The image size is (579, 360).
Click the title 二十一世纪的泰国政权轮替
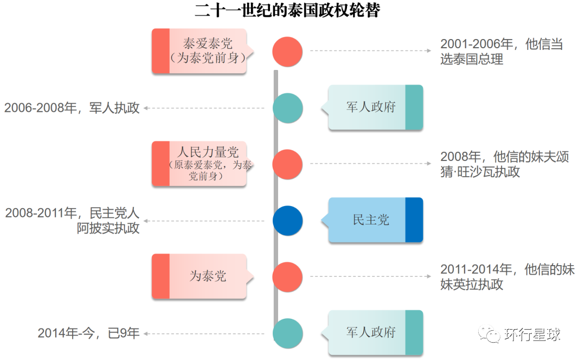[287, 10]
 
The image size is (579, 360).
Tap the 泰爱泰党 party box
[200, 51]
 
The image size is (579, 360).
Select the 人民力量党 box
[200, 164]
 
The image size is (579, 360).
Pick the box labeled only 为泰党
[200, 277]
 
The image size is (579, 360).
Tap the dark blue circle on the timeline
[287, 221]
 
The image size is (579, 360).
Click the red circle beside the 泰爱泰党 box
[287, 52]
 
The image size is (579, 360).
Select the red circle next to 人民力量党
[287, 164]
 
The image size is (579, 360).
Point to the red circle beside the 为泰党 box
[287, 277]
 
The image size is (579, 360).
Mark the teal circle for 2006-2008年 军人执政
[287, 108]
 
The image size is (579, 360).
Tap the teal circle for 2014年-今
[287, 333]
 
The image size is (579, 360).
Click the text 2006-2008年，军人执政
[72, 108]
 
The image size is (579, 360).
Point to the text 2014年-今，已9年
[88, 333]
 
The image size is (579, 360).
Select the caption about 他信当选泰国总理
[501, 52]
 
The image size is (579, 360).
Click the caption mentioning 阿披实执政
[73, 221]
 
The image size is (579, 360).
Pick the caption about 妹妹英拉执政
[507, 277]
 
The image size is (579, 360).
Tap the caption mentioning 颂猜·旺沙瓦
[504, 164]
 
